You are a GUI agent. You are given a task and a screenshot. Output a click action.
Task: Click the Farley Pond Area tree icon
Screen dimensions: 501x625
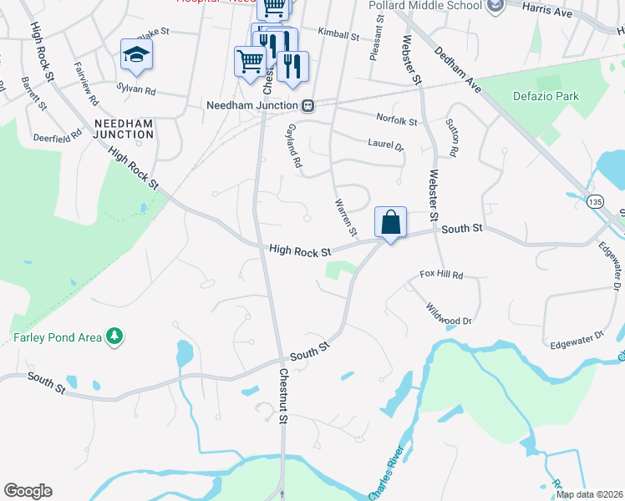click(x=114, y=337)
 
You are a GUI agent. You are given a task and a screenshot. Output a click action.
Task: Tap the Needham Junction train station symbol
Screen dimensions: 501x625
click(x=308, y=106)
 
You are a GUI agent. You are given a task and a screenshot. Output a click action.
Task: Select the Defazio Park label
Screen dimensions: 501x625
click(x=545, y=97)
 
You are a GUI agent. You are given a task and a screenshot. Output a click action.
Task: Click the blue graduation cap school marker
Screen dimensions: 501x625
click(x=136, y=55)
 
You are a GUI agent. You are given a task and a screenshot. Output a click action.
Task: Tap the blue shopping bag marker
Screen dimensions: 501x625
click(x=390, y=222)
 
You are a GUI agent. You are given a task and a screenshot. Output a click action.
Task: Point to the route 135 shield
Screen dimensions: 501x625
click(x=595, y=202)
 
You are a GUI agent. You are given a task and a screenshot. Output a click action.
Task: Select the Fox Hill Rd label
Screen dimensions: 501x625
click(x=440, y=274)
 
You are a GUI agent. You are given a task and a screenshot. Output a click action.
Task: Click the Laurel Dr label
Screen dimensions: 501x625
click(x=385, y=144)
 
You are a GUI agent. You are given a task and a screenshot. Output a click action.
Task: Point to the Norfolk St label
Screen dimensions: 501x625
click(x=396, y=121)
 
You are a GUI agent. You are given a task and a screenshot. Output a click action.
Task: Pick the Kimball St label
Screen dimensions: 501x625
click(x=338, y=37)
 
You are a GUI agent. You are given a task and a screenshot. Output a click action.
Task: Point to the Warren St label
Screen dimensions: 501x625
click(x=345, y=216)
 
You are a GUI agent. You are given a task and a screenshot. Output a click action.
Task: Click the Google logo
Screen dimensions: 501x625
click(x=28, y=491)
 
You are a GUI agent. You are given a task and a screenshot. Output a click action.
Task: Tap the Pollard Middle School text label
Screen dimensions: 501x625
click(x=426, y=6)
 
